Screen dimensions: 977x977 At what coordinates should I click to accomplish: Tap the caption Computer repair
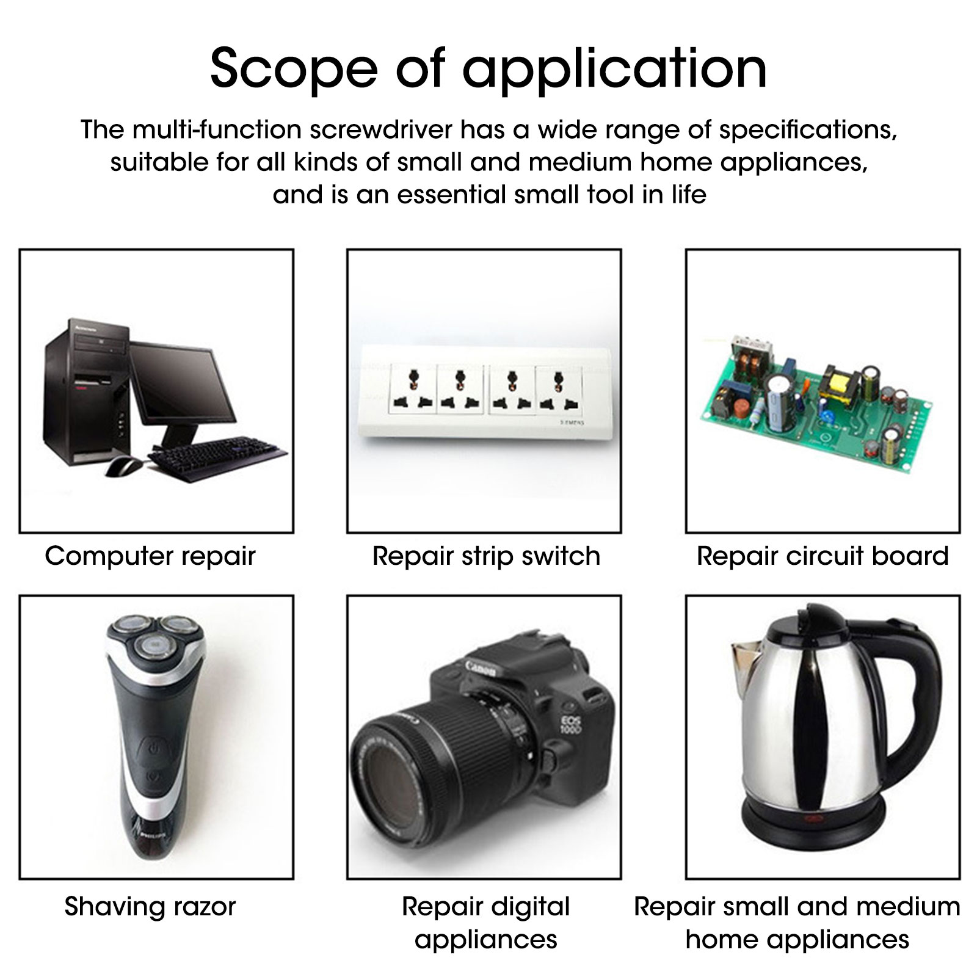pyautogui.click(x=150, y=557)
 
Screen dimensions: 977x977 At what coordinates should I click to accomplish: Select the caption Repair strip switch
pyautogui.click(x=486, y=557)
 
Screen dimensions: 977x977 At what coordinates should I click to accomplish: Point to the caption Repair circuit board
pyautogui.click(x=823, y=556)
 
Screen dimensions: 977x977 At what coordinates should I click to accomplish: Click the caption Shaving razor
pyautogui.click(x=150, y=907)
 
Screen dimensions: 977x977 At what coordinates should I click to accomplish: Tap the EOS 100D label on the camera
pyautogui.click(x=572, y=723)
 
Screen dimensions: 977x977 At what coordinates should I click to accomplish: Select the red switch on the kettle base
pyautogui.click(x=813, y=819)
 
